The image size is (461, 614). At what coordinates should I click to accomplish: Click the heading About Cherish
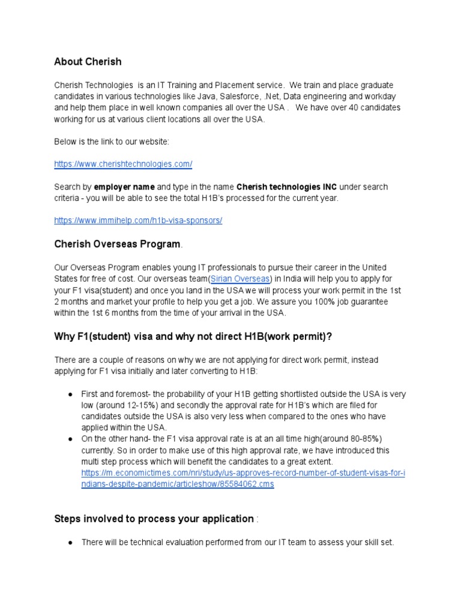pos(88,62)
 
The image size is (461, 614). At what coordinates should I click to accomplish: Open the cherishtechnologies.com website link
pos(123,164)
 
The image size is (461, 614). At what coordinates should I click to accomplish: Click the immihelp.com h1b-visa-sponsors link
pos(138,220)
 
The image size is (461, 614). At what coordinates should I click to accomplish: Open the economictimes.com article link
pos(243,478)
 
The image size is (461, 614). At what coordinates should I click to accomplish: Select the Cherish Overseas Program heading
pos(117,244)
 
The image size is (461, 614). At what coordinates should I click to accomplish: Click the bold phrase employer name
pos(125,186)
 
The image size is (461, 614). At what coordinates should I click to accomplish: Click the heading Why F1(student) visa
pos(193,336)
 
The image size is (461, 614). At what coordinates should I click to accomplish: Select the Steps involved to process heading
pos(154,519)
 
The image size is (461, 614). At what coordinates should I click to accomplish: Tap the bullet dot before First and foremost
pos(70,394)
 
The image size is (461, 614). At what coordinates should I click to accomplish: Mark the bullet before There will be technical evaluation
pos(70,543)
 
